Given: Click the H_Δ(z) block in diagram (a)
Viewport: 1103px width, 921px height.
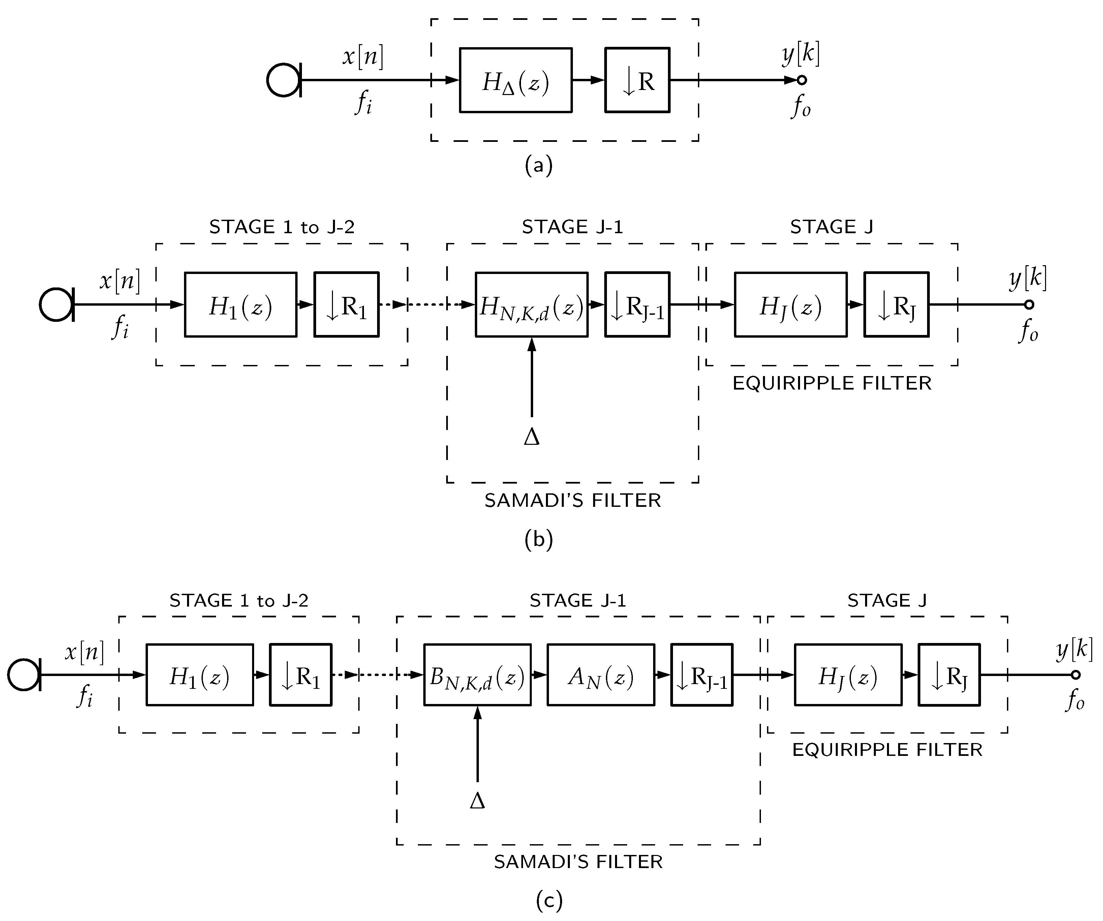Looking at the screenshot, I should click(515, 80).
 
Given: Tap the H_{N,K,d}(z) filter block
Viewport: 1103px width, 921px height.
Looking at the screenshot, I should click(531, 305).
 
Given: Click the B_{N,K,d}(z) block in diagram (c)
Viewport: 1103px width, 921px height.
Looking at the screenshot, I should click(477, 675).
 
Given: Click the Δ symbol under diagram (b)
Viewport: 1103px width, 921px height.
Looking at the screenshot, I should click(531, 437).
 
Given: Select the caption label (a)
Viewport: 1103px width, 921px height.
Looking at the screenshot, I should click(539, 165).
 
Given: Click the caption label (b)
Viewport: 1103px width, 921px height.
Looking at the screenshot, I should click(539, 540).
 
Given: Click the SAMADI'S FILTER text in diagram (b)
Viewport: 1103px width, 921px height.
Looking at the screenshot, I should click(573, 500).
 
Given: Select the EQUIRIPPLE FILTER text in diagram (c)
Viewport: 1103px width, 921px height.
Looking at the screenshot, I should click(887, 750).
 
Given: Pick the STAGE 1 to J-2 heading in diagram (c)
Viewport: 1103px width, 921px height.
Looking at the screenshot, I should click(239, 600).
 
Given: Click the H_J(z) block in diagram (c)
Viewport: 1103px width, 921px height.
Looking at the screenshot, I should click(848, 675).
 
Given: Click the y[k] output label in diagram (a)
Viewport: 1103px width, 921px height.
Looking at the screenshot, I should click(800, 54).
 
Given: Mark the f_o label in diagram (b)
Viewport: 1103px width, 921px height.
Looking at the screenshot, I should click(1029, 331).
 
